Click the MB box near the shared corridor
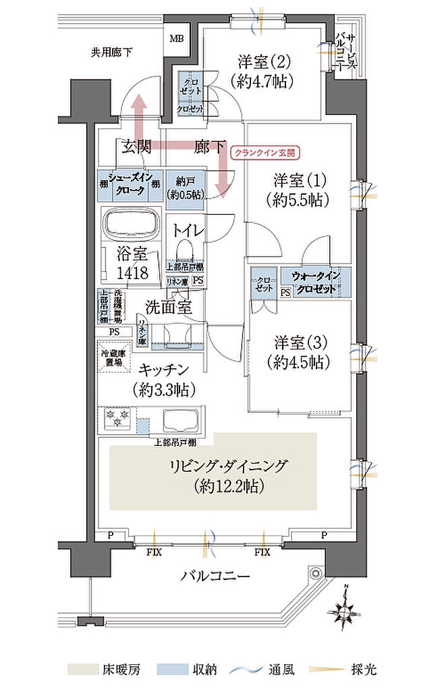click(x=177, y=39)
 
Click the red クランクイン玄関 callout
click(x=264, y=153)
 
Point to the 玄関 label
click(x=136, y=145)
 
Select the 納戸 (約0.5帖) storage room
click(x=184, y=186)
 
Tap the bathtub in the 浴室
click(x=131, y=222)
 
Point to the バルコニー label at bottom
click(x=215, y=576)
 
